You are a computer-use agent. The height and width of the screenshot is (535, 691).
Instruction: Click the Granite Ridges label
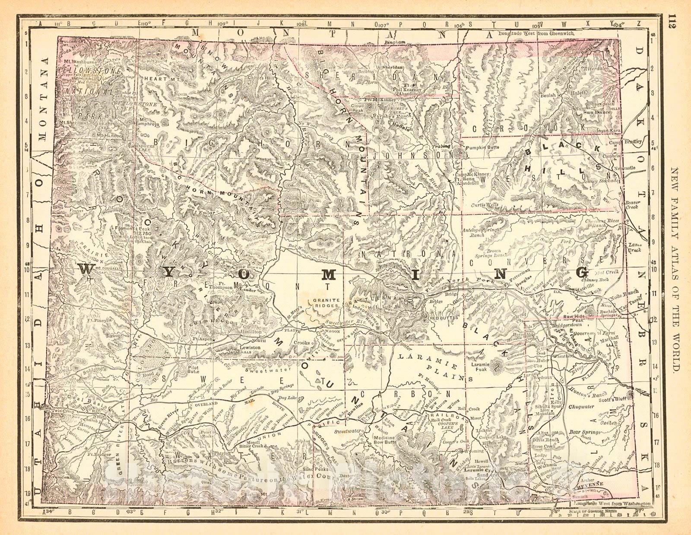point(322,302)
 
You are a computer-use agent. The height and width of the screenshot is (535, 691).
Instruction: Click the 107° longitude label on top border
point(382,24)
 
